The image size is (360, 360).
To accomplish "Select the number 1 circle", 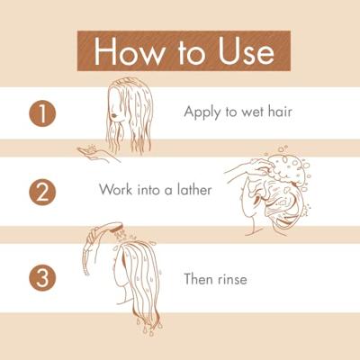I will point(41,112).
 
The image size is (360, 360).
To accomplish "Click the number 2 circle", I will point(41,191).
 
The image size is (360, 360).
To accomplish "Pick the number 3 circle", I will point(41,278).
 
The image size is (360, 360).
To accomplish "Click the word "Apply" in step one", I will point(202,112).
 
